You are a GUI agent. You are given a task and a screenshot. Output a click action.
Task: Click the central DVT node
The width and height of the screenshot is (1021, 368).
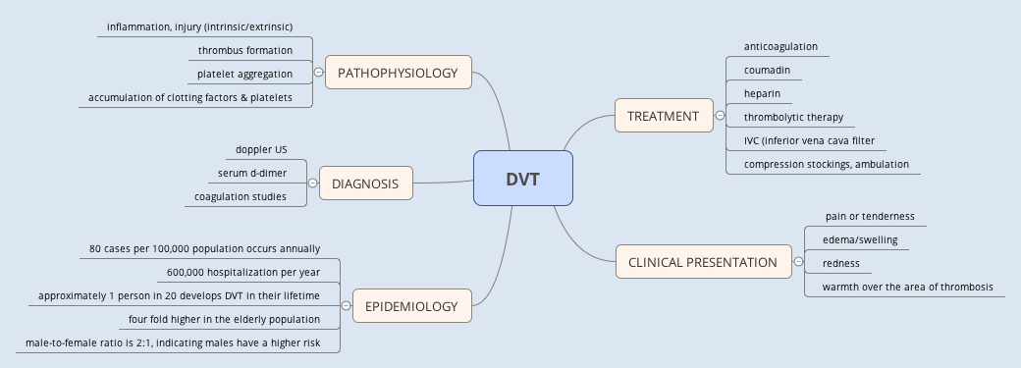[x=521, y=179]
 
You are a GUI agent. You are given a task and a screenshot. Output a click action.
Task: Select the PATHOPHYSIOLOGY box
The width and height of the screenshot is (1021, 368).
[x=398, y=73]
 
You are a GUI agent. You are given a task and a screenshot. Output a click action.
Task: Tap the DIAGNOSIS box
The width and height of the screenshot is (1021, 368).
[x=365, y=183]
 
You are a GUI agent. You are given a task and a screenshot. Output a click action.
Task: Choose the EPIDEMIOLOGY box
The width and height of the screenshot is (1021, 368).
[x=411, y=306]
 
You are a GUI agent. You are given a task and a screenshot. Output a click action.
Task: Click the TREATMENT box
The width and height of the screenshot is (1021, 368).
[x=663, y=116]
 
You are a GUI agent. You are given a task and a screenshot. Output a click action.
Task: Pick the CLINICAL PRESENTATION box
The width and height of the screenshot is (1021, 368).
[x=703, y=262]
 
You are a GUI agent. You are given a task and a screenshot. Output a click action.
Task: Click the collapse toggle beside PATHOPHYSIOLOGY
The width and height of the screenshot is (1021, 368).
[x=319, y=73]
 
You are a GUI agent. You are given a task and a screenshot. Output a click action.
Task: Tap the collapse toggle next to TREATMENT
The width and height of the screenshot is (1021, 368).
[x=721, y=116]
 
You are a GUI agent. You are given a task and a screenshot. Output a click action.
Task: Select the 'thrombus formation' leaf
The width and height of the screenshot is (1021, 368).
[x=245, y=50]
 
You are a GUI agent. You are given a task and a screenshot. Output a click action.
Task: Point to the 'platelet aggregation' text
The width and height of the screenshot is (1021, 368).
[x=244, y=74]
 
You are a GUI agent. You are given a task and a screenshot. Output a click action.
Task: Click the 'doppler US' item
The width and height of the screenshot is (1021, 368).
[x=261, y=149]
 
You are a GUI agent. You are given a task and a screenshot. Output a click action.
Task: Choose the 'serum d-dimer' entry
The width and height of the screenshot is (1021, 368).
[x=252, y=174]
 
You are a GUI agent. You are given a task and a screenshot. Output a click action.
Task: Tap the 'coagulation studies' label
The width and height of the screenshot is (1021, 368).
[x=241, y=196]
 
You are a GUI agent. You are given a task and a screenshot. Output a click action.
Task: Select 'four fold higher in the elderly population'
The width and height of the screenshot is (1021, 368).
[x=224, y=319]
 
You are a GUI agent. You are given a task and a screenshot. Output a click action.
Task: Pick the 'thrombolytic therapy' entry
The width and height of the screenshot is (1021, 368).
[x=793, y=117]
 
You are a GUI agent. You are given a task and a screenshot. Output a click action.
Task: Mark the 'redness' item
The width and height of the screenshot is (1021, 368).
[x=841, y=263]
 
